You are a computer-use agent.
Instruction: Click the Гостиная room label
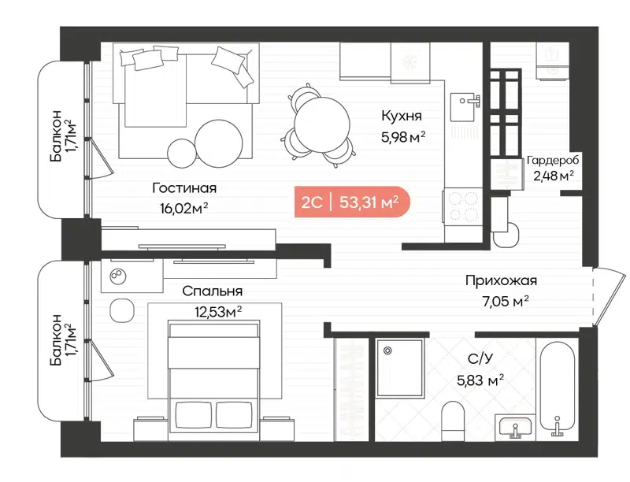185,188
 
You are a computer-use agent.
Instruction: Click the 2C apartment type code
311,202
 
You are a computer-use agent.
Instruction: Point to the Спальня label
212,291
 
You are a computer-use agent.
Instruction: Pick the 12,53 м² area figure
217,311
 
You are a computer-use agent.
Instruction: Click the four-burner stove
461,206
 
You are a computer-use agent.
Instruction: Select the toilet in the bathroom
454,421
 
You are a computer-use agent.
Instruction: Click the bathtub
557,386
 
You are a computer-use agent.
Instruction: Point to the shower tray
401,367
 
